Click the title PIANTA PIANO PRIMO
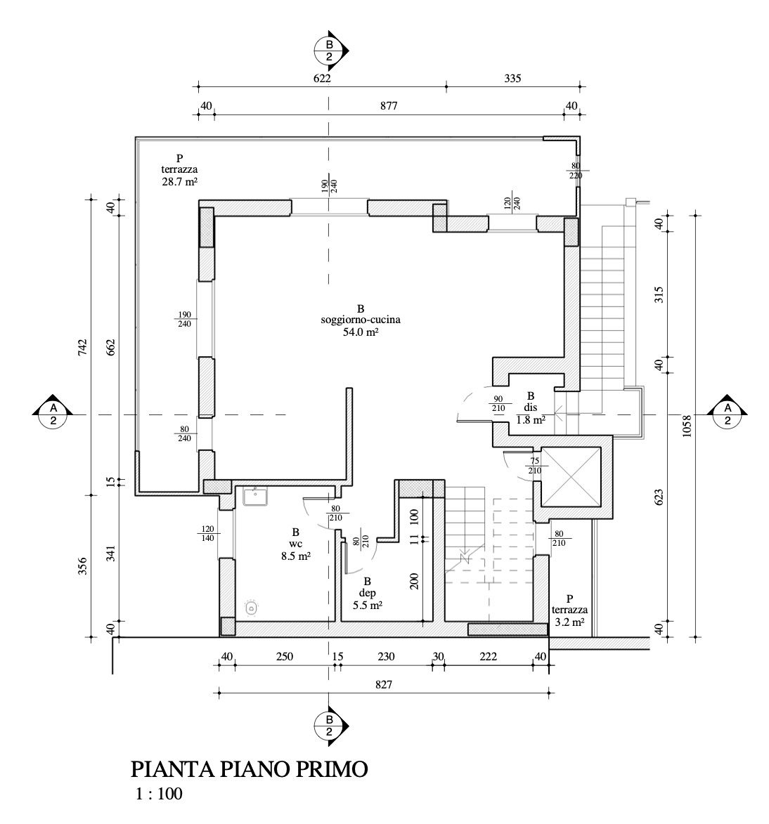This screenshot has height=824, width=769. pos(249,769)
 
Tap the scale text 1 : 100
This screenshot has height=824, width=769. pos(159,796)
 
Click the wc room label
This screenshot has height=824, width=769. pos(296,544)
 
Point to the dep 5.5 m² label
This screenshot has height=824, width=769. pos(367,594)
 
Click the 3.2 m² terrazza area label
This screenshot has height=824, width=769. pos(569,622)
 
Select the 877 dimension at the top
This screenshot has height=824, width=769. pos(389,106)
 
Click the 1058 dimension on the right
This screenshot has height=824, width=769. pos(687,425)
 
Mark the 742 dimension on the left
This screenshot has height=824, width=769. pos(82,348)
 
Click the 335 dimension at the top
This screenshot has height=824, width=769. pos(512,79)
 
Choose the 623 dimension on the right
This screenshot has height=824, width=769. pos(659,497)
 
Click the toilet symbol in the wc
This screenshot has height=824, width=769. pos(250,608)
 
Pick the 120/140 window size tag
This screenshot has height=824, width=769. pos(207,533)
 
